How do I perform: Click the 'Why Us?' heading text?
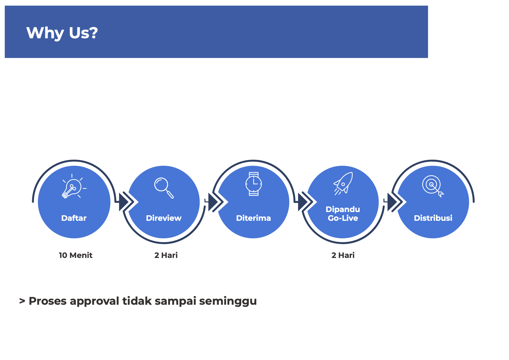62,33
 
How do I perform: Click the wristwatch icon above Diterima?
254,184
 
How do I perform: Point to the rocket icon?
343,183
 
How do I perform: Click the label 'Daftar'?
74,218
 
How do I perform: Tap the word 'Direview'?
164,218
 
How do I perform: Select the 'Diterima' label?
253,218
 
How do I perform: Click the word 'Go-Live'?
343,218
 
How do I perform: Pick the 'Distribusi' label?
433,218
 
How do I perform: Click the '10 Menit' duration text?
76,255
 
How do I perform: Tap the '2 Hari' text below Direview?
166,255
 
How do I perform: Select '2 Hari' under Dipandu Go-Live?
343,255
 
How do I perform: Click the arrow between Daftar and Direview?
126,202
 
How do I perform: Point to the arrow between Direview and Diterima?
216,202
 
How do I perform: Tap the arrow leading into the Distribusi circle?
395,202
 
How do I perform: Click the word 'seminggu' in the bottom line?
228,301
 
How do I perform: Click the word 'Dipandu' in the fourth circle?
343,209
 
